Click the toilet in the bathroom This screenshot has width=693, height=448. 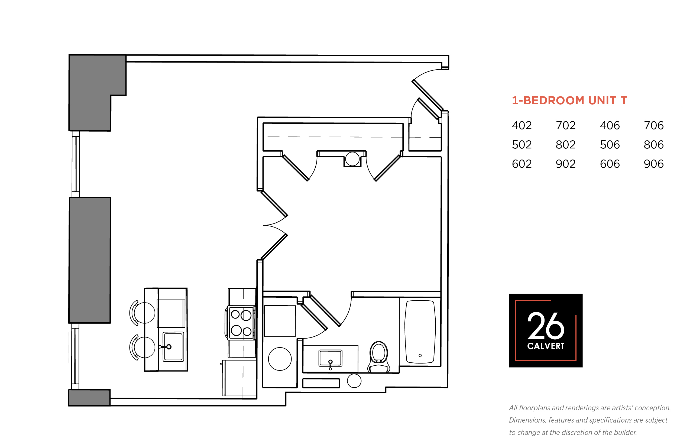click(x=378, y=357)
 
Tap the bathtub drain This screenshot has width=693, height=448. click(x=420, y=355)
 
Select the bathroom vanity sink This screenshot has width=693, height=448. click(x=330, y=358)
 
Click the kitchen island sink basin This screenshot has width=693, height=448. click(x=173, y=347)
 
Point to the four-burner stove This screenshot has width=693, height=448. click(x=241, y=323)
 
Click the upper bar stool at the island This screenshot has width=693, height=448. click(x=142, y=313)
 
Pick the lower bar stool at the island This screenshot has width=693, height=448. click(x=142, y=347)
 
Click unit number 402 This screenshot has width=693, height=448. click(x=522, y=125)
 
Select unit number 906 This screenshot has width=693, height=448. click(x=653, y=164)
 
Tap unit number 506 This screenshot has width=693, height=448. click(x=610, y=145)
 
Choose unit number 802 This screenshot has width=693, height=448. click(x=566, y=145)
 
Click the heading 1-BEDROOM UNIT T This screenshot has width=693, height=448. click(x=569, y=100)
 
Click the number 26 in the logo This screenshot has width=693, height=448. click(x=546, y=326)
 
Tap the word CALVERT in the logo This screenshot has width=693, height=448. click(x=546, y=346)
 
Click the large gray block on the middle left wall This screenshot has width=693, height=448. click(x=90, y=260)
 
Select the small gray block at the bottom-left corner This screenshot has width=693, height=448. click(x=89, y=398)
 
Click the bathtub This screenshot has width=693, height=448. click(x=420, y=332)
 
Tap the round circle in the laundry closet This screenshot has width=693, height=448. click(x=280, y=359)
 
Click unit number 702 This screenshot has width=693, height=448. click(x=566, y=125)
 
